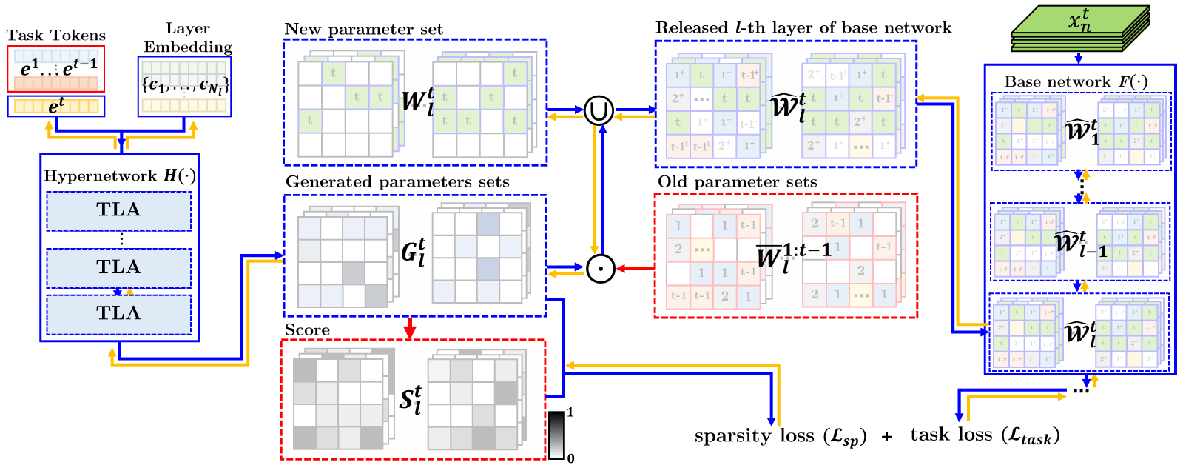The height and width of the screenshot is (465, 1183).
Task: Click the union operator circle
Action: (599, 111)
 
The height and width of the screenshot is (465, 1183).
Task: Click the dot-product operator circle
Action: (600, 269)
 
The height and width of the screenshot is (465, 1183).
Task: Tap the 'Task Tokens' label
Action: (56, 36)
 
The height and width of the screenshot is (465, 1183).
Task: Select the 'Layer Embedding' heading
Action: (188, 38)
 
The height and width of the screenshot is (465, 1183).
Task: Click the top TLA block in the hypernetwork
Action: (118, 210)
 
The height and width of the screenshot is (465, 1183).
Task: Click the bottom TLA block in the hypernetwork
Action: (118, 314)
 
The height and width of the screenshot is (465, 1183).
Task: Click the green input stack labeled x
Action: (1080, 28)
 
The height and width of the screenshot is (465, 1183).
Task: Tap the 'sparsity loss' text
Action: (780, 437)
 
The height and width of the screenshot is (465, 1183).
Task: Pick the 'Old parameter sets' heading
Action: (737, 182)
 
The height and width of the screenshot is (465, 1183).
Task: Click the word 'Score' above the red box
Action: (307, 330)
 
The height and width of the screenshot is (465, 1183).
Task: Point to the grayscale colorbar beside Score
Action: (556, 435)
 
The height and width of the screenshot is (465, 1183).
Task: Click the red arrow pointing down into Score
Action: (410, 328)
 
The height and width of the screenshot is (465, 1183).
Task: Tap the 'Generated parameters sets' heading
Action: (397, 182)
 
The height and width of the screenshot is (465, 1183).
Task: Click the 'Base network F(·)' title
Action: (1076, 81)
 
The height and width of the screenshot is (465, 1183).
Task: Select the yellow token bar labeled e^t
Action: (56, 106)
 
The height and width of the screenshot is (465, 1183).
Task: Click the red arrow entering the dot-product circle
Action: (636, 269)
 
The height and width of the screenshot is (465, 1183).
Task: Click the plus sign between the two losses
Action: (886, 437)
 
